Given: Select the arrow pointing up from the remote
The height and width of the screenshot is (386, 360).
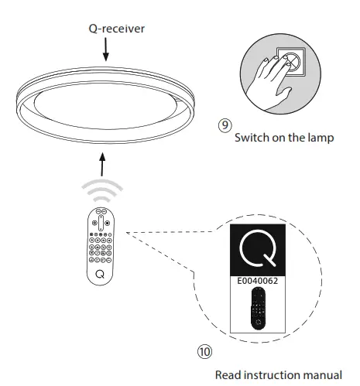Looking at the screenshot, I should (x=102, y=162).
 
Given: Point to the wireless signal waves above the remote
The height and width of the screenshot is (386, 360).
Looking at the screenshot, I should (x=101, y=190).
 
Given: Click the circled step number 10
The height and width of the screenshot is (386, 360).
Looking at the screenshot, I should (x=204, y=350).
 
